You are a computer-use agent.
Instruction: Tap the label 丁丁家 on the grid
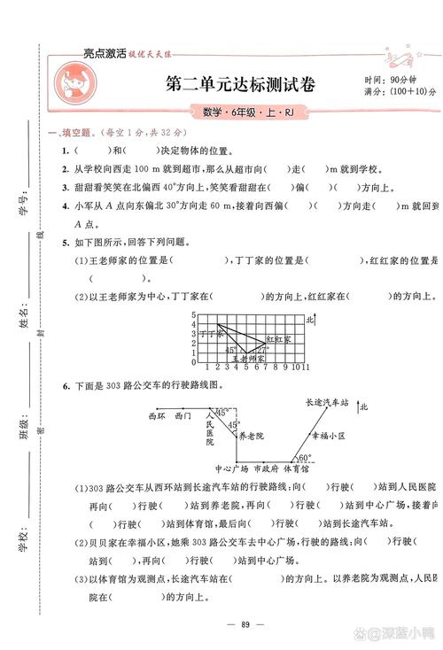pyautogui.click(x=210, y=334)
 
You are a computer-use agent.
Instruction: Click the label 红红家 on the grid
pyautogui.click(x=278, y=339)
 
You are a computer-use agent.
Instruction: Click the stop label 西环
pyautogui.click(x=158, y=414)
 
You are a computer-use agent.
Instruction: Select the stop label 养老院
pyautogui.click(x=238, y=436)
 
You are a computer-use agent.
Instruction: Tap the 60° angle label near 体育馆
pyautogui.click(x=304, y=459)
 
